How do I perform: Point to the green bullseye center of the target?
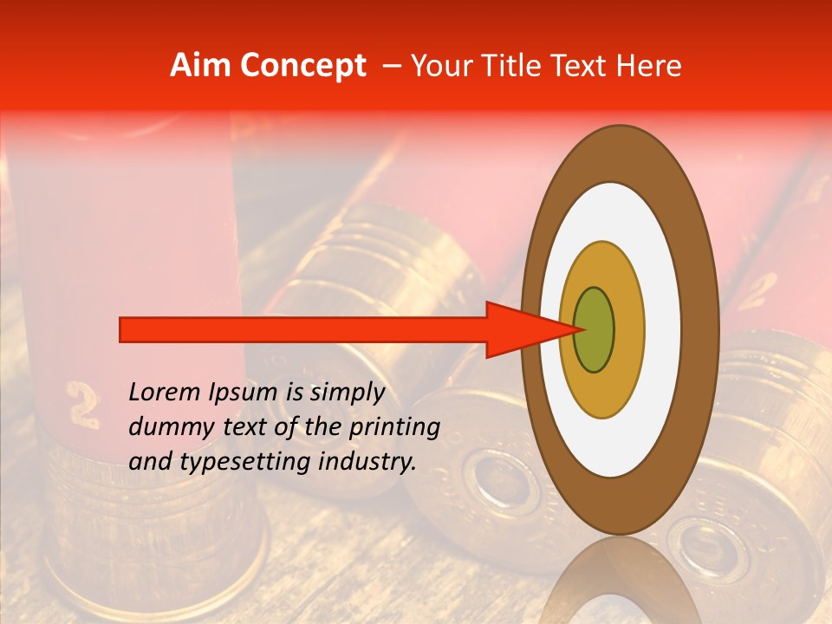(x=595, y=329)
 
